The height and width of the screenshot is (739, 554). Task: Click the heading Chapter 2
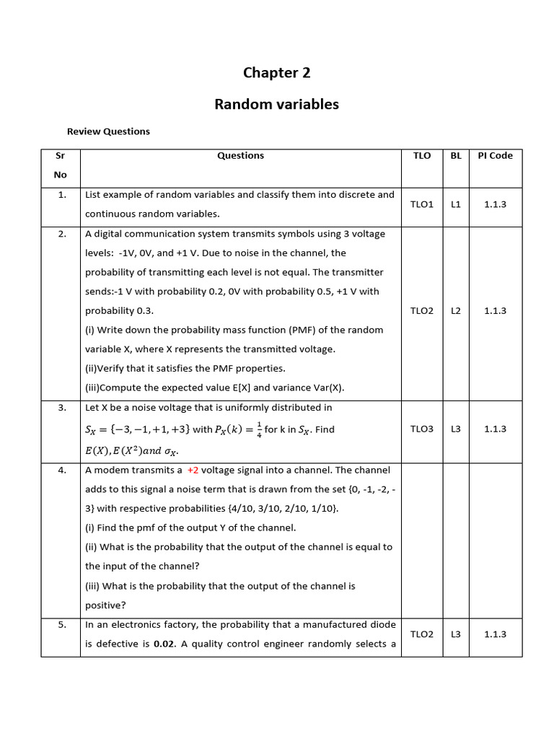point(276,72)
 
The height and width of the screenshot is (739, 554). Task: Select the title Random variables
point(276,104)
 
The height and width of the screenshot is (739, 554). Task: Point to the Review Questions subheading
point(108,131)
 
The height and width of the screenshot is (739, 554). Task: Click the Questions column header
point(240,155)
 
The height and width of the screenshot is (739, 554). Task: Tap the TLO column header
point(422,155)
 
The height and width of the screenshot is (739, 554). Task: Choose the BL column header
point(456,155)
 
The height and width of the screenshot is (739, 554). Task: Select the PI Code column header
point(495,155)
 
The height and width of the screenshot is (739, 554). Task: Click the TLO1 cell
point(422,204)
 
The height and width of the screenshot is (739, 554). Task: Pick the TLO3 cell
point(422,429)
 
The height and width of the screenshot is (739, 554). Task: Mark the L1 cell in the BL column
point(456,204)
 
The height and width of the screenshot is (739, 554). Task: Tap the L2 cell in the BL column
point(456,310)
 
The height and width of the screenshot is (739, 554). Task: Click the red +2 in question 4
point(193,470)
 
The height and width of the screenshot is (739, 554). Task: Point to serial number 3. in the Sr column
point(62,408)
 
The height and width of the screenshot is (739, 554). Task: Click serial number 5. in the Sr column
point(62,625)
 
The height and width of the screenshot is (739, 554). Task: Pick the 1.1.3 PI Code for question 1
point(495,204)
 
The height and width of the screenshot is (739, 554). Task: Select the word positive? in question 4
point(105,605)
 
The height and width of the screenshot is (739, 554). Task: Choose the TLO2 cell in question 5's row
point(422,634)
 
